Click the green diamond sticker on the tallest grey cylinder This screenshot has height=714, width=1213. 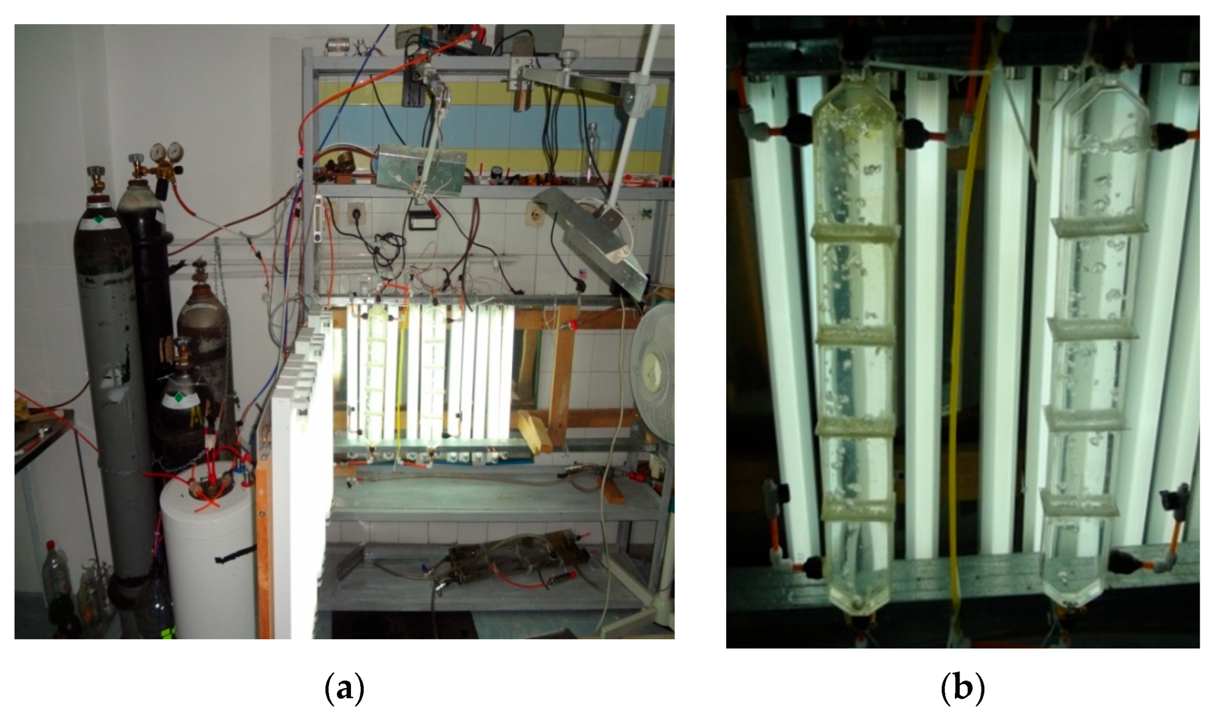point(99,219)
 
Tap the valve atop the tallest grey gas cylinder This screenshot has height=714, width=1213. point(96,178)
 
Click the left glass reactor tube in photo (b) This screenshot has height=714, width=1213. point(854,337)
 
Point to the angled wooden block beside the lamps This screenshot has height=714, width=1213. point(534,431)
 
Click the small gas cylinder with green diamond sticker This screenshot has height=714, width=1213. point(180,409)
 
